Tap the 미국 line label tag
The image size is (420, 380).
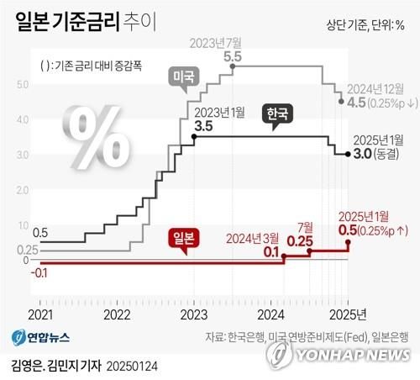pyautogui.click(x=182, y=77)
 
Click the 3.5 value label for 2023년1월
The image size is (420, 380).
pyautogui.click(x=202, y=126)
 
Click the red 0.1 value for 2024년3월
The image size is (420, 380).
pyautogui.click(x=270, y=251)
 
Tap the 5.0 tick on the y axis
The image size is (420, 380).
pyautogui.click(x=23, y=83)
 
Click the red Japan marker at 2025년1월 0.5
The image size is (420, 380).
pyautogui.click(x=349, y=242)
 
